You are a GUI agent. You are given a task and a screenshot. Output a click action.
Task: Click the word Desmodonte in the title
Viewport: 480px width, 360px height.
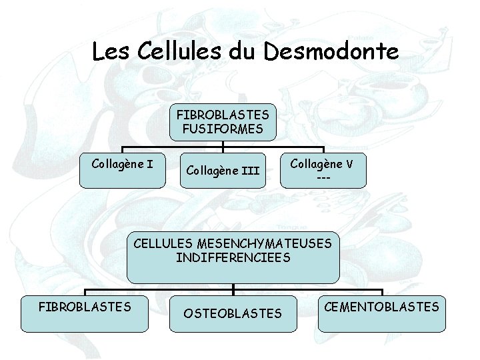click(331, 52)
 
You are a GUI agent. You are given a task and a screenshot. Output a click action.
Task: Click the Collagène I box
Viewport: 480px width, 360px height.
click(121, 170)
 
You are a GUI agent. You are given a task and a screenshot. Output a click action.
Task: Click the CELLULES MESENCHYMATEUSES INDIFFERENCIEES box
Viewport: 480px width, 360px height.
click(233, 257)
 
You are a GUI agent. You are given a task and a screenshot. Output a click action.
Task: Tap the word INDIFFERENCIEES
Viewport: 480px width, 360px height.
click(233, 257)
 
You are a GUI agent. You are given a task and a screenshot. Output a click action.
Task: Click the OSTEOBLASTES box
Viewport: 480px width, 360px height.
click(233, 313)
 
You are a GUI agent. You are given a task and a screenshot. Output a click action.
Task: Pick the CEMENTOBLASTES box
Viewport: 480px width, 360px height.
click(381, 312)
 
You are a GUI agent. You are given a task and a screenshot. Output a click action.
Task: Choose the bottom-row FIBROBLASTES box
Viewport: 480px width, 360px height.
click(85, 312)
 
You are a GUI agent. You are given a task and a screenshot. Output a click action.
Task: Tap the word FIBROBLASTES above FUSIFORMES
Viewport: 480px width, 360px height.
click(223, 114)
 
